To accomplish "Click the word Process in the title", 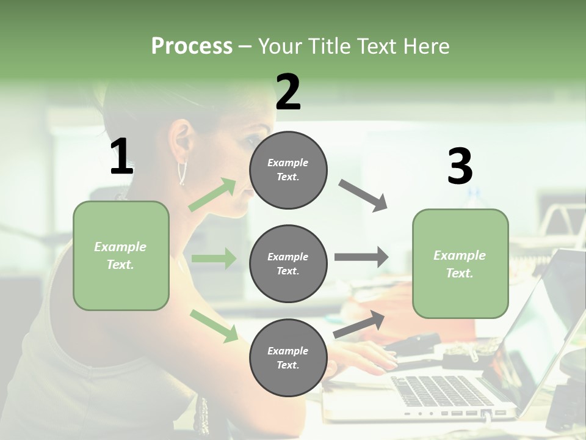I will tap(192, 46).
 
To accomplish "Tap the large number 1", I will tap(121, 157).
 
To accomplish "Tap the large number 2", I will tap(288, 92).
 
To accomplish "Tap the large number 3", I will tap(460, 167).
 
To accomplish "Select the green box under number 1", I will tap(121, 255).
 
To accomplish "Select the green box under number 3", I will tap(460, 263).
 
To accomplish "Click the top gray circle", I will tap(288, 170).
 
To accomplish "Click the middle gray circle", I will tap(288, 263).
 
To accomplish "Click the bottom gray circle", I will tap(288, 358).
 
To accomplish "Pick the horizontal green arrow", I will tap(214, 258).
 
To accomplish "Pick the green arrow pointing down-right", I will tap(214, 326).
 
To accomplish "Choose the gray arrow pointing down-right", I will tap(363, 196).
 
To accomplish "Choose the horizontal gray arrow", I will tap(361, 257).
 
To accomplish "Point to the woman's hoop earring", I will tap(181, 172).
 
